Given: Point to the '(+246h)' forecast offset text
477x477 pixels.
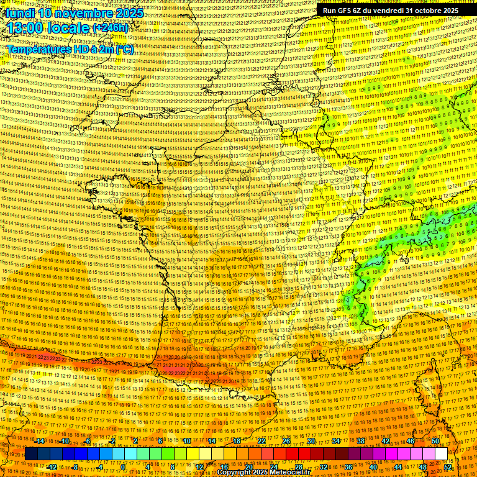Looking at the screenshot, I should pyautogui.click(x=110, y=28).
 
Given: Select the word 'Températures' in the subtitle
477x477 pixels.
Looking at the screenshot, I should pyautogui.click(x=39, y=49).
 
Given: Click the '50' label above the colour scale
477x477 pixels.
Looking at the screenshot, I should pyautogui.click(x=435, y=441).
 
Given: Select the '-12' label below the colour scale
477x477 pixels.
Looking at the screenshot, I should pyautogui.click(x=52, y=467).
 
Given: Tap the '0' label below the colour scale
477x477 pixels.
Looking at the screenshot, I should pyautogui.click(x=123, y=467).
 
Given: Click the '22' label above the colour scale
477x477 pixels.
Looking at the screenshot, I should pyautogui.click(x=261, y=441).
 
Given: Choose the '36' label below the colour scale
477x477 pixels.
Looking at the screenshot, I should pyautogui.click(x=348, y=467).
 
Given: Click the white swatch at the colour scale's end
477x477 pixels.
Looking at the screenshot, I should pyautogui.click(x=441, y=454).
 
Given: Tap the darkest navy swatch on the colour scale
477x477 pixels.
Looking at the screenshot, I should pyautogui.click(x=32, y=454).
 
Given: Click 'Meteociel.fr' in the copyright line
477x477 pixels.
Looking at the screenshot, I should pyautogui.click(x=294, y=473).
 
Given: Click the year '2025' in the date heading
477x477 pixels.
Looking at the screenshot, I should pyautogui.click(x=129, y=12).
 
